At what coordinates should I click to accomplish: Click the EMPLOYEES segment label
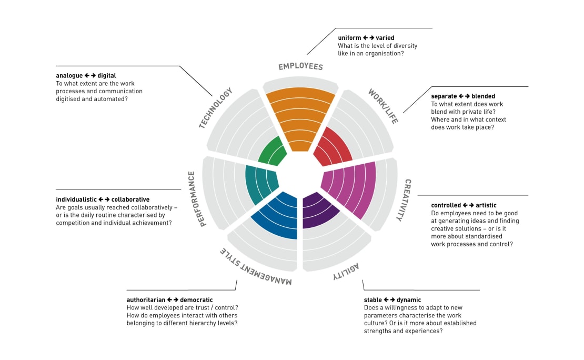coord(300,67)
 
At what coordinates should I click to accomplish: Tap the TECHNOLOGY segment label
coord(216,108)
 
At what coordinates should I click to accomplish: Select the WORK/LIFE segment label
coord(383,106)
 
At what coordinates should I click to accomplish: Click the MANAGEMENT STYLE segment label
coord(256,267)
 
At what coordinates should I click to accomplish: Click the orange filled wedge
coord(300,116)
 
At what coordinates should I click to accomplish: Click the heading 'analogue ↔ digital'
coord(86,76)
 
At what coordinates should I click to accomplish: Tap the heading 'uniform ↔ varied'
coord(366,38)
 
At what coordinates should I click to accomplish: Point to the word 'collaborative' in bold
coord(130,199)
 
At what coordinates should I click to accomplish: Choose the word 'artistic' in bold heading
coord(486,205)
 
